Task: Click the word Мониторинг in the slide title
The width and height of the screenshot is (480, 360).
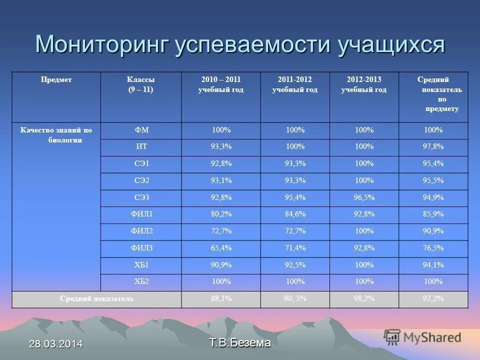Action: pyautogui.click(x=101, y=44)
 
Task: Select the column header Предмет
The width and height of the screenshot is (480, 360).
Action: pyautogui.click(x=56, y=80)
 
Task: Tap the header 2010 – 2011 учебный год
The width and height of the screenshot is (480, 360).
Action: pyautogui.click(x=220, y=84)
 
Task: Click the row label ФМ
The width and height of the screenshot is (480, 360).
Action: pyautogui.click(x=141, y=130)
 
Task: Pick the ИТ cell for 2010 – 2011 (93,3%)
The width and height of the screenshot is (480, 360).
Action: pyautogui.click(x=220, y=147)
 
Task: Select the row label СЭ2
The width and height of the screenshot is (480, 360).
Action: pyautogui.click(x=141, y=180)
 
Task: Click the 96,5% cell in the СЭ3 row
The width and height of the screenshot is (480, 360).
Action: pyautogui.click(x=363, y=197)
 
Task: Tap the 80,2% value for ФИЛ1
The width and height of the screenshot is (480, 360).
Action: pyautogui.click(x=220, y=214)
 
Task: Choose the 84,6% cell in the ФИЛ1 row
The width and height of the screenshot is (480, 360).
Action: pyautogui.click(x=295, y=214)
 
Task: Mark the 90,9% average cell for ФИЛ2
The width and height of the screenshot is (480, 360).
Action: pyautogui.click(x=433, y=231)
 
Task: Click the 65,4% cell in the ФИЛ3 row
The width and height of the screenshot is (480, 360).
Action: pyautogui.click(x=220, y=248)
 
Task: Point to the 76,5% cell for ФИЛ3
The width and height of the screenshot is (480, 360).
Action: pyautogui.click(x=433, y=248)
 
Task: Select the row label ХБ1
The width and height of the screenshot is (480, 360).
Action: pyautogui.click(x=141, y=264)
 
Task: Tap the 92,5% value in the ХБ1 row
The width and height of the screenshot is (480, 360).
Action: pyautogui.click(x=295, y=264)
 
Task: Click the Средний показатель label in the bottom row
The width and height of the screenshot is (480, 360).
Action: pyautogui.click(x=96, y=298)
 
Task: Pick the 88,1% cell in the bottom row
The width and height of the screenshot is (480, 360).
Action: pyautogui.click(x=220, y=298)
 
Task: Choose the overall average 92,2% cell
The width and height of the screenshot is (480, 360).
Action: pyautogui.click(x=433, y=298)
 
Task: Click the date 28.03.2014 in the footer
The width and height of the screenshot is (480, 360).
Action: pyautogui.click(x=55, y=344)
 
